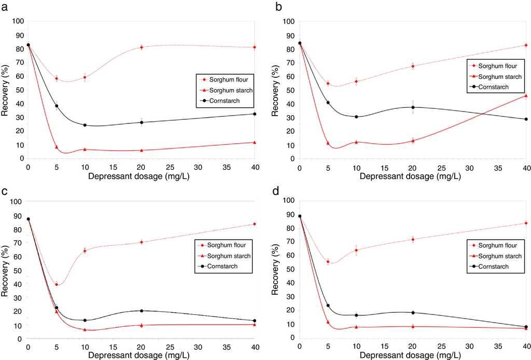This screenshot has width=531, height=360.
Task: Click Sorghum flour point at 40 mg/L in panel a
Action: pos(254,47)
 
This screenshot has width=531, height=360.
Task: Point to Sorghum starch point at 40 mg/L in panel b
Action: pos(526,95)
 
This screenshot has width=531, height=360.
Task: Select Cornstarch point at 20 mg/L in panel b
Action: pos(413,107)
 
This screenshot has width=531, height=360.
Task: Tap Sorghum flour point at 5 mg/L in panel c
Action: pos(57,284)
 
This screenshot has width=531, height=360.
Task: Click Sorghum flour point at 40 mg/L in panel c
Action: pos(254,224)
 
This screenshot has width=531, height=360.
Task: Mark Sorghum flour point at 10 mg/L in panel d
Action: pos(356,250)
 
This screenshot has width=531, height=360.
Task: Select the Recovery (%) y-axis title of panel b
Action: pos(274,89)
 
